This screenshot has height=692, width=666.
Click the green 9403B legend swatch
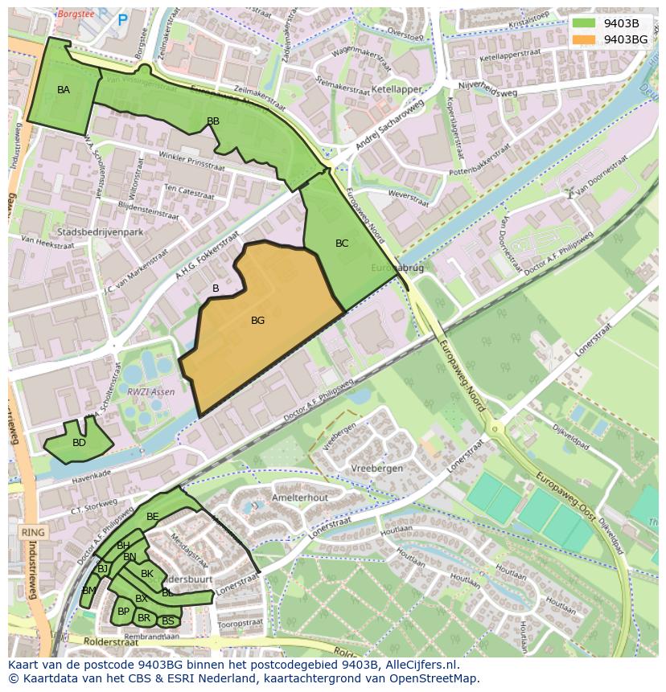[585, 23]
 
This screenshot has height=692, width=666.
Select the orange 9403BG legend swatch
[585, 39]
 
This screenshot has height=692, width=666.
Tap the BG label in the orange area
[257, 321]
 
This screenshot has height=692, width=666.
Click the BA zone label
[64, 90]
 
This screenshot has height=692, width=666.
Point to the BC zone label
[342, 244]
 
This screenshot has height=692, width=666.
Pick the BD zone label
[79, 443]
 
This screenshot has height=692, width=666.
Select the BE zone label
[152, 516]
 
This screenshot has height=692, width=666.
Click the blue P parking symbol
[122, 20]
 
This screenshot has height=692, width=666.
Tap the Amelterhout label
[300, 498]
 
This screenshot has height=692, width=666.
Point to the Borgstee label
[74, 14]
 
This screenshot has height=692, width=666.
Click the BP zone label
[123, 612]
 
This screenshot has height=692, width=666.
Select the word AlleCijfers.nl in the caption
[422, 665]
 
